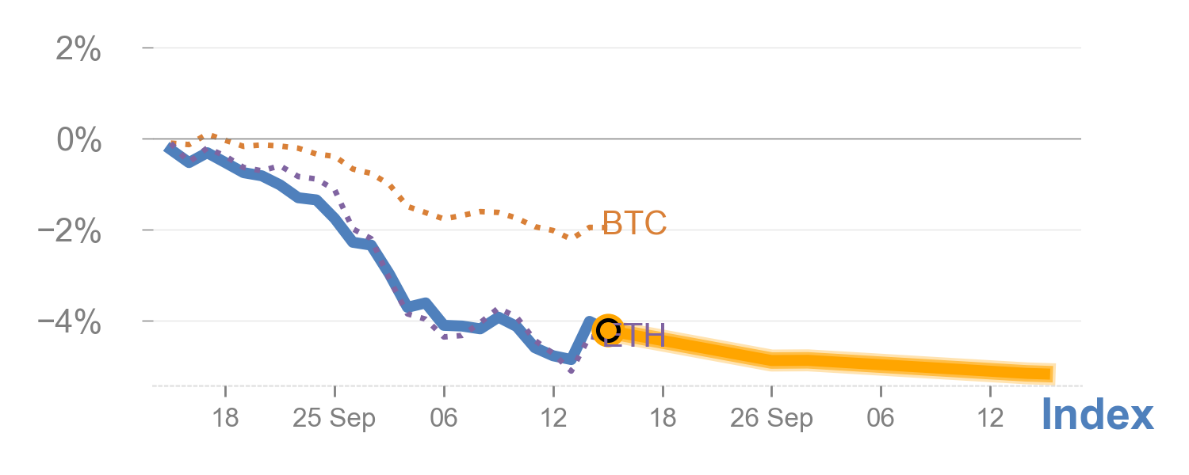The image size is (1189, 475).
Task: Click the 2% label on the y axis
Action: [78, 50]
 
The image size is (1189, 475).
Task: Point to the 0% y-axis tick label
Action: [78, 141]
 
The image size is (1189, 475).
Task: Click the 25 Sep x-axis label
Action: [334, 418]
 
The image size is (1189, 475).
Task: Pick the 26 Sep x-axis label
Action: [771, 418]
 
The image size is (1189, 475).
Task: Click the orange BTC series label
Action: [634, 224]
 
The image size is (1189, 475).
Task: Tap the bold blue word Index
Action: [1097, 415]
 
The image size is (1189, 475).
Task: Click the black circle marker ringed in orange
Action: [607, 329]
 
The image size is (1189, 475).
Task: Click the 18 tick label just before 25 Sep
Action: [225, 418]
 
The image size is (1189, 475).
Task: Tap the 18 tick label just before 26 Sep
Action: [663, 418]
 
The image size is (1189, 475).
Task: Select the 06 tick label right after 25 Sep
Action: [444, 418]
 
